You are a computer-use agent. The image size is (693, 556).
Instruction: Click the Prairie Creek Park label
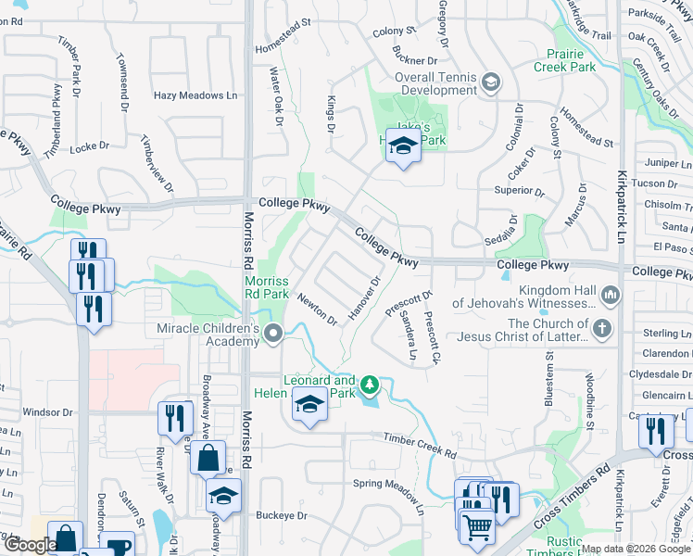coord(565,58)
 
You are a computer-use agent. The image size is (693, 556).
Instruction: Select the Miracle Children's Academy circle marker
coord(272,334)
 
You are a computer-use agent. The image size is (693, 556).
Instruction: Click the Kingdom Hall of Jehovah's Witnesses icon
coord(610,297)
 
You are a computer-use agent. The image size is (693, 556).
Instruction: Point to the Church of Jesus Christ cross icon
coord(602,328)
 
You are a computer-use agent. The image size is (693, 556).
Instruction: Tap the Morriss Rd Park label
coord(267,287)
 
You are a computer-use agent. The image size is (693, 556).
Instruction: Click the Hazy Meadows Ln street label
coord(195,95)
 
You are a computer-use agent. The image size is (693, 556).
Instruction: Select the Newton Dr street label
coord(317,309)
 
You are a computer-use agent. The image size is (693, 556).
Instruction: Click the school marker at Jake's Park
coord(403,146)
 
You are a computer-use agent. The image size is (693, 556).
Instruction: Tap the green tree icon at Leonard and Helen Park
coord(369,384)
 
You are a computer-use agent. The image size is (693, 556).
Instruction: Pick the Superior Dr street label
coord(519,191)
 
